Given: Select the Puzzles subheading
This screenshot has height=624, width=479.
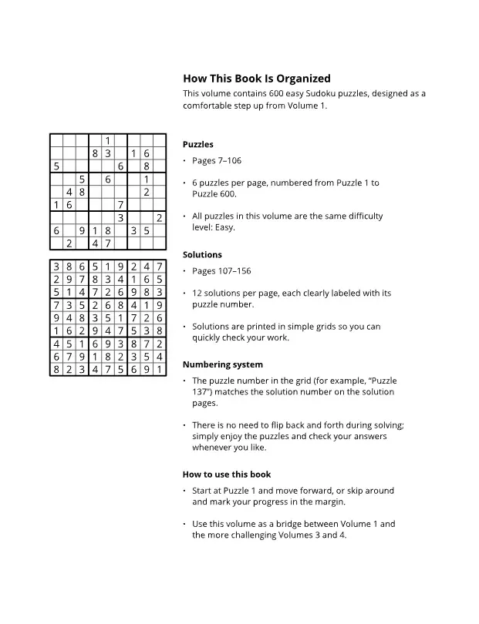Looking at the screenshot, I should [198, 145].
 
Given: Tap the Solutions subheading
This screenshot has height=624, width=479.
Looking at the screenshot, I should [202, 255].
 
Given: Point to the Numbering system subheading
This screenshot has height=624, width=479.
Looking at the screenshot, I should [223, 365].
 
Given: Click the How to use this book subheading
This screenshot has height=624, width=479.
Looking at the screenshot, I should [227, 475].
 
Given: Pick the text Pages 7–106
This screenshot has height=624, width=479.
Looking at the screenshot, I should [217, 161].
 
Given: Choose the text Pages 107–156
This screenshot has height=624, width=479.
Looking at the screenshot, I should [221, 271].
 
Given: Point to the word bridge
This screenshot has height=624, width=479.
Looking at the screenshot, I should [283, 525].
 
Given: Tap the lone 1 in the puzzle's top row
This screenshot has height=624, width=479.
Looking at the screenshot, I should [108, 140].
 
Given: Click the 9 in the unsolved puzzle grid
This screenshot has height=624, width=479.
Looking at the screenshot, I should [82, 230].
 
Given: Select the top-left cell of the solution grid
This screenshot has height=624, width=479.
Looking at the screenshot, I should [56, 267].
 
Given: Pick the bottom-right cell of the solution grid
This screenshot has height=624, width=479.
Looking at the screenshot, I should [159, 370].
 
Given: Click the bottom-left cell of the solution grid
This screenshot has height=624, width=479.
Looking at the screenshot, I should [56, 370].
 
